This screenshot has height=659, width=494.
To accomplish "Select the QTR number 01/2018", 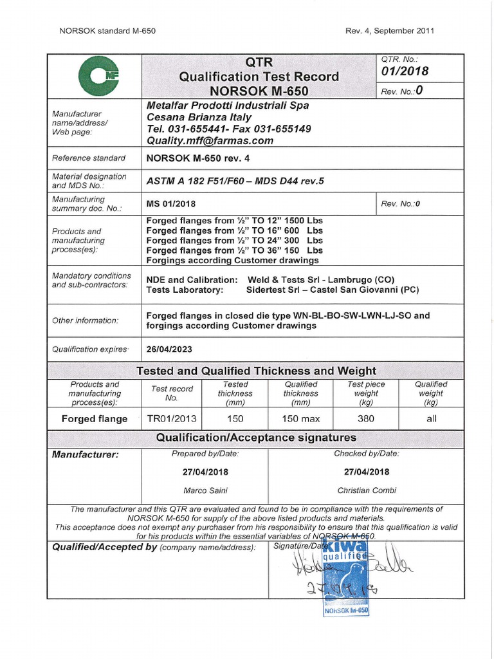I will (405, 71).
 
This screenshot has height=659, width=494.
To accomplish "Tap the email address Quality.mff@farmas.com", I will (210, 140).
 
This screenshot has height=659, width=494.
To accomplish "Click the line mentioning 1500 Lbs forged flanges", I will (235, 220).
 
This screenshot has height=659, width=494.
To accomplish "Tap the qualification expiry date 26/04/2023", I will (169, 349).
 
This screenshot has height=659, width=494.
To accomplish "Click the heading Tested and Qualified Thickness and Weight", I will (256, 371).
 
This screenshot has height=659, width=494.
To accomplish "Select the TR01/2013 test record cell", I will (172, 418).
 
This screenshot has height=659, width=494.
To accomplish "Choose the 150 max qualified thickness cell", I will (300, 418).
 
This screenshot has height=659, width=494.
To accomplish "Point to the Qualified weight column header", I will (430, 393).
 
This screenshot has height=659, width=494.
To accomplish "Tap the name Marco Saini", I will (205, 490).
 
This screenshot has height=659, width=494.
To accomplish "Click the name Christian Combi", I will (366, 490).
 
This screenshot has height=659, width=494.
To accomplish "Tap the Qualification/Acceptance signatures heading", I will (256, 438).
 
